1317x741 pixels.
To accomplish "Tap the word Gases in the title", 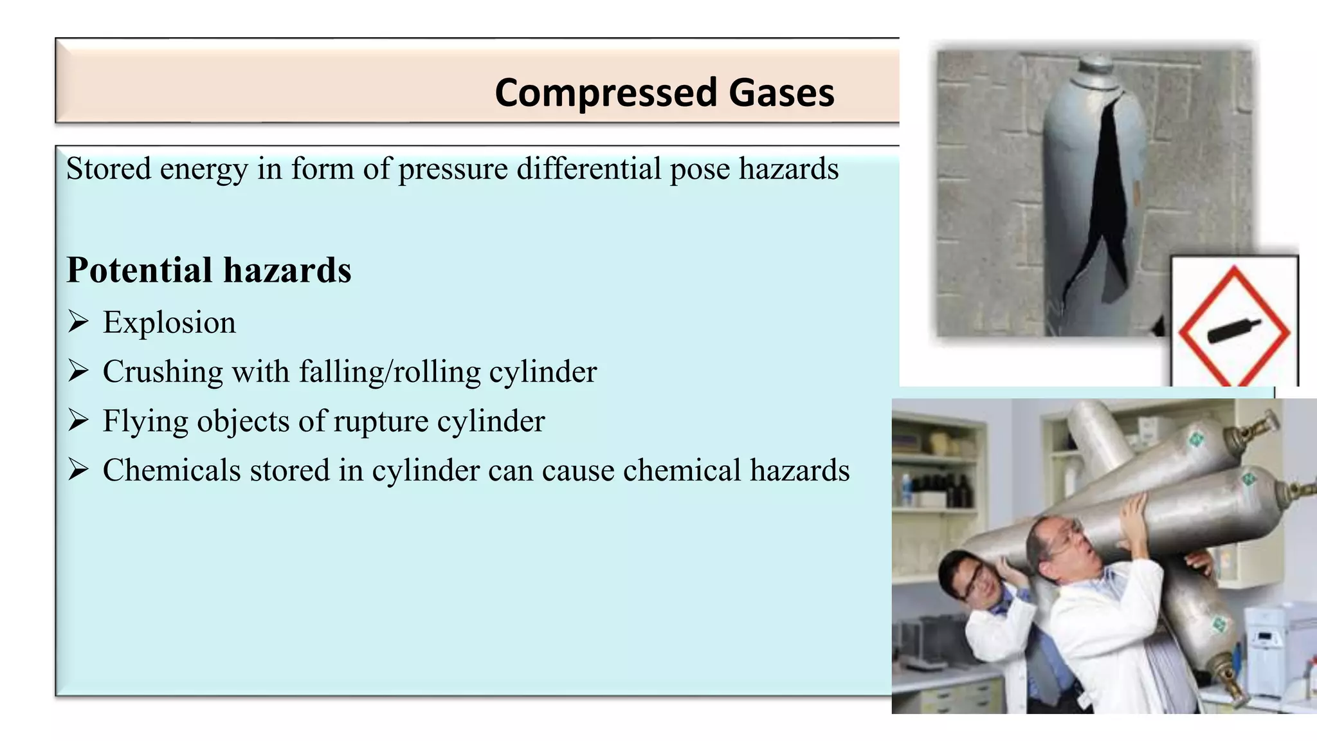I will tap(781, 93).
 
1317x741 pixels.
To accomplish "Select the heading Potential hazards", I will tap(209, 270).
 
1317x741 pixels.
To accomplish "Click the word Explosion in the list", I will tap(169, 322).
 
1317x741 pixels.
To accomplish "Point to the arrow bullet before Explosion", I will tap(78, 321).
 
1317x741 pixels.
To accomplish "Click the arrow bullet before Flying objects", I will tap(78, 420).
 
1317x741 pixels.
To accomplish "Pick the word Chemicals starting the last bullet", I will tap(172, 470).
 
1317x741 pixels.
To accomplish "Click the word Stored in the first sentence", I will tap(108, 169).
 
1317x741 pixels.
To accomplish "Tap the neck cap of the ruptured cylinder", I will tap(1097, 64).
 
